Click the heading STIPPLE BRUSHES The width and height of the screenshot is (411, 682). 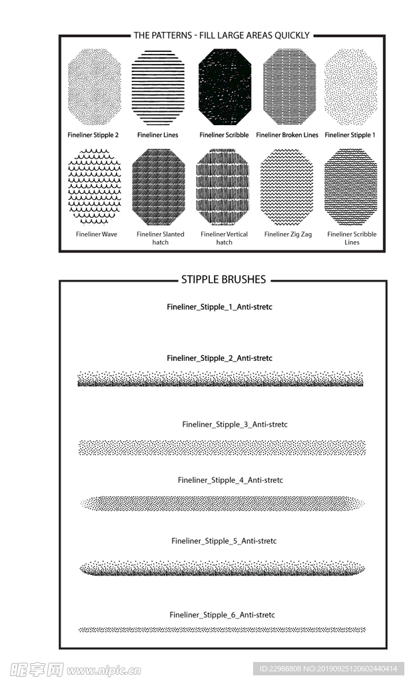[223, 280]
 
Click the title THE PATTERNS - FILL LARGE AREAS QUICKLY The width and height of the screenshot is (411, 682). [222, 35]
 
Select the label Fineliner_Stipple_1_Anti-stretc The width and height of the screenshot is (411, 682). [220, 307]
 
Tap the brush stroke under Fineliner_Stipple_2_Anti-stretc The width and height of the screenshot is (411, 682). [220, 380]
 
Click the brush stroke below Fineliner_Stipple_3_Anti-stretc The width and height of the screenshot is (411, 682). [222, 447]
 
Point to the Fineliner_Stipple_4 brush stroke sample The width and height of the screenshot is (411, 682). [222, 504]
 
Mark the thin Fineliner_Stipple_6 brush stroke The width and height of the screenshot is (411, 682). [222, 629]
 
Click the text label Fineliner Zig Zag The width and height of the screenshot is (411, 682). [288, 234]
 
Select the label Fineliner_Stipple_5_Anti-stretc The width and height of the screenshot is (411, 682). [224, 541]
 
